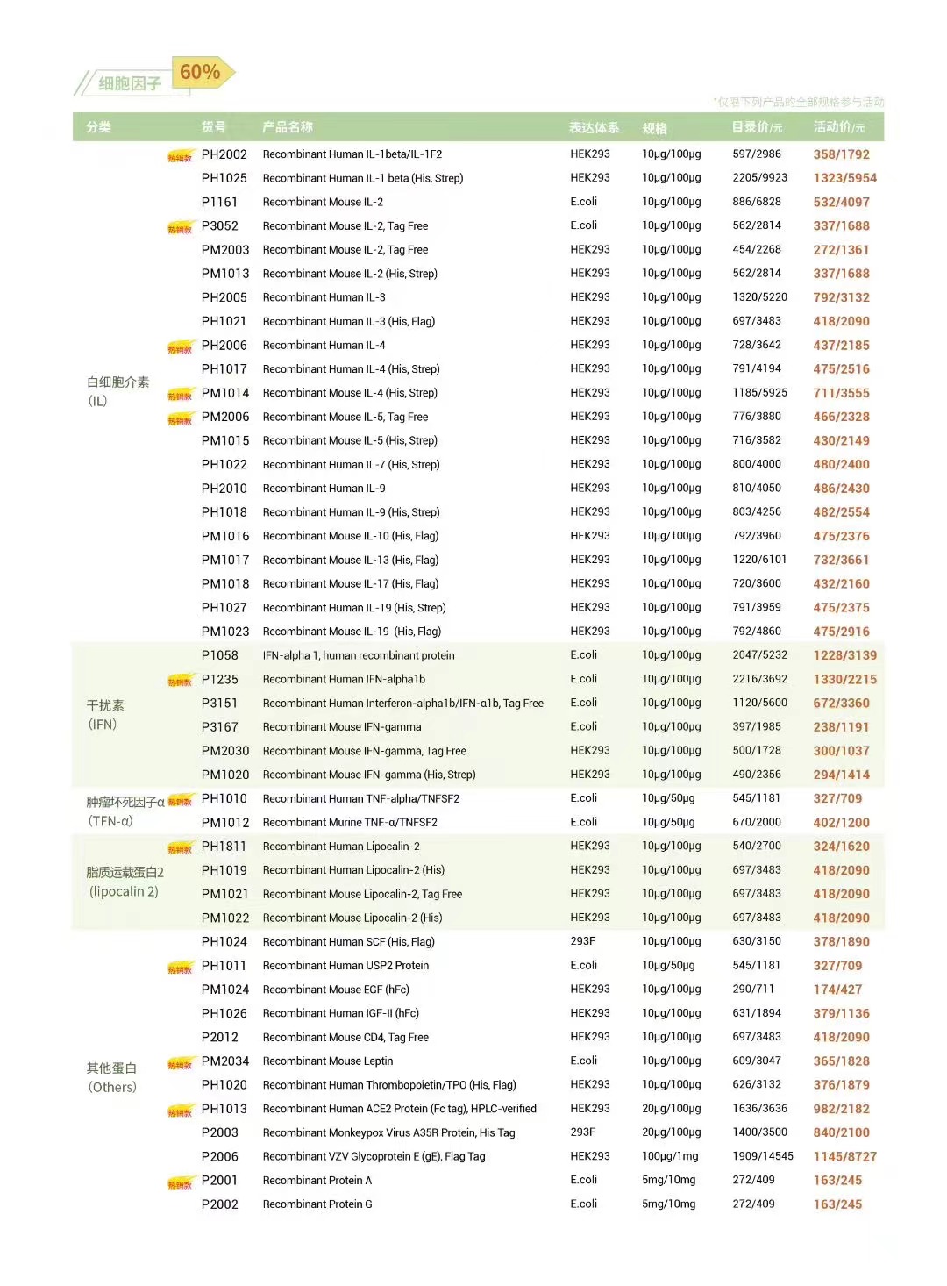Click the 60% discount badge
201,72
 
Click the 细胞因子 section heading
130,83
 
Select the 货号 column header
213,127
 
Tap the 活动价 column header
837,127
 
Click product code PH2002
224,154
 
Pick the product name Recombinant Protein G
317,1204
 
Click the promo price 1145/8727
844,1157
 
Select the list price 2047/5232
759,655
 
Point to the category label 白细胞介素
117,382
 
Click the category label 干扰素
105,705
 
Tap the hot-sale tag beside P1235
180,681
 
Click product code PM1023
224,632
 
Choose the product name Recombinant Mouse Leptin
328,1061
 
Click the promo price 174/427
837,990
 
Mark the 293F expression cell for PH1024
582,941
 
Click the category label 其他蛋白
111,1068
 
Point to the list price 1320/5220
759,297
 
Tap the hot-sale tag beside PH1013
180,1111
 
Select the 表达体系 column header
594,128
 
